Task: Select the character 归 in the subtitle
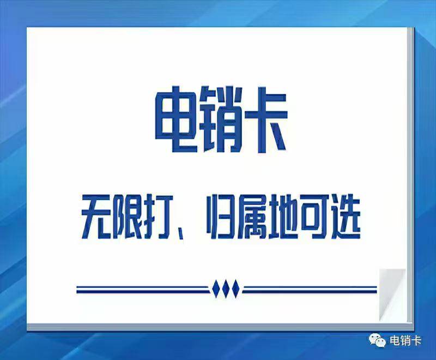pos(221,217)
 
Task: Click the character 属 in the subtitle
pos(252,217)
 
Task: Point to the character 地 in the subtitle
pos(283,217)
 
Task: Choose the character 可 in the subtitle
pos(314,217)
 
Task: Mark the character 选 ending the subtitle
pos(346,217)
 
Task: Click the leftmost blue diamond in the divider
pos(216,289)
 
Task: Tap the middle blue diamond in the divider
pos(226,289)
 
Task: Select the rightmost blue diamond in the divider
pos(235,289)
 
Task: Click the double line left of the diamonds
pos(142,289)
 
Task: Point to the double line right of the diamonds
pos(310,289)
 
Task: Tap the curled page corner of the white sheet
pos(392,295)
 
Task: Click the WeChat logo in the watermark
pos(377,340)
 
